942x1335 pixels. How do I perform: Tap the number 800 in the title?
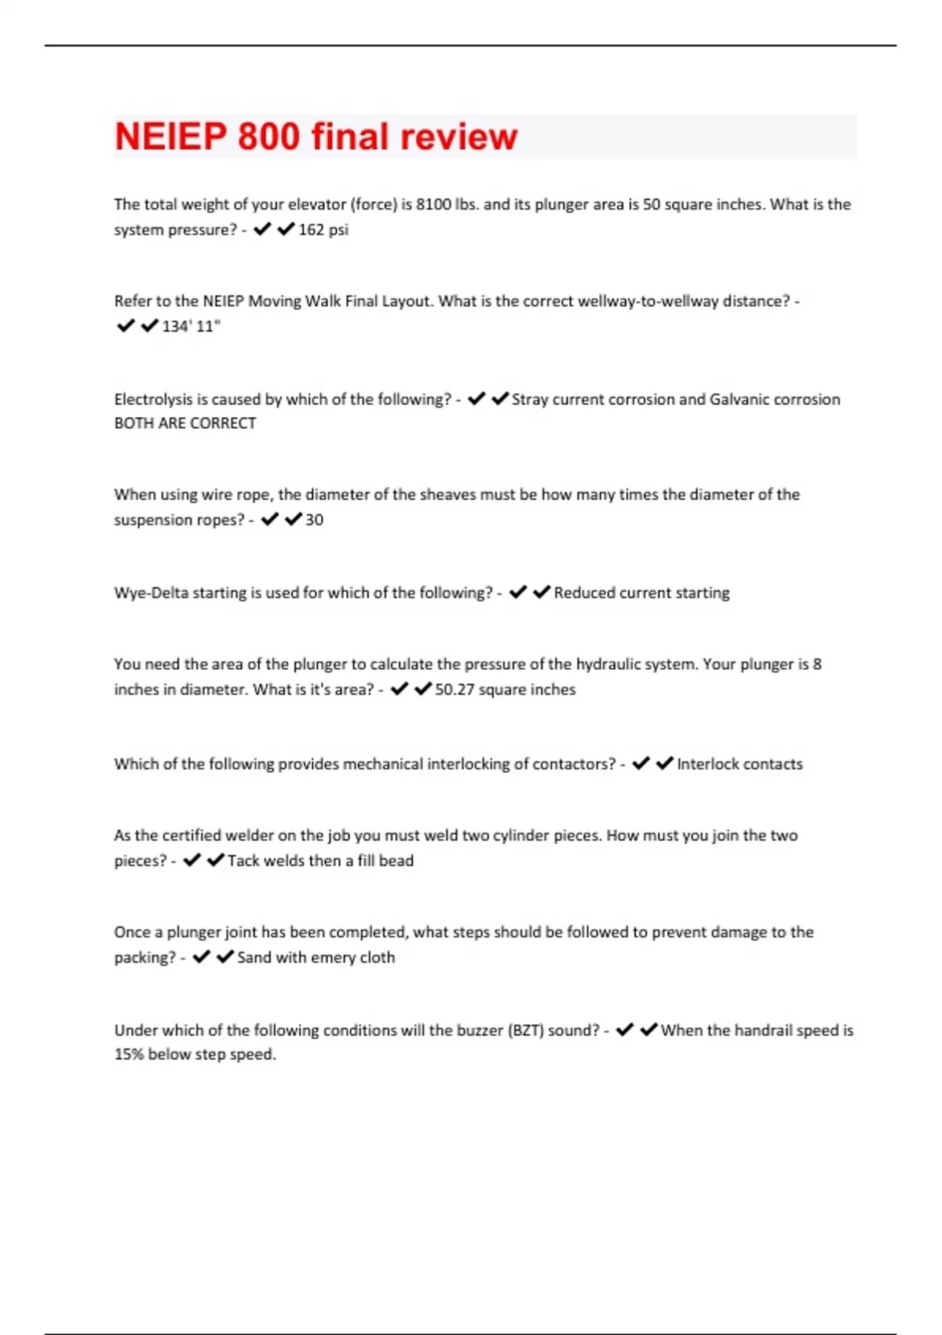point(268,137)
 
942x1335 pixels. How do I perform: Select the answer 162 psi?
point(323,230)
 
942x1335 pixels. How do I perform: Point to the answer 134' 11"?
point(191,327)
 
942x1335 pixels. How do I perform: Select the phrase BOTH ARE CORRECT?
point(185,423)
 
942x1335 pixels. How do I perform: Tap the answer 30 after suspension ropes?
point(314,520)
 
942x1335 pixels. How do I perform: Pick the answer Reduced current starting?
point(641,593)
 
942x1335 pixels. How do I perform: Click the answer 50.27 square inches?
point(505,689)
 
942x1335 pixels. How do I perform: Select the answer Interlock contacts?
point(739,764)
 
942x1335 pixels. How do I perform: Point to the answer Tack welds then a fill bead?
point(320,861)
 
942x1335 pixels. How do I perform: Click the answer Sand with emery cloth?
point(316,957)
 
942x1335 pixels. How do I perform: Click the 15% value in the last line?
point(129,1055)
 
